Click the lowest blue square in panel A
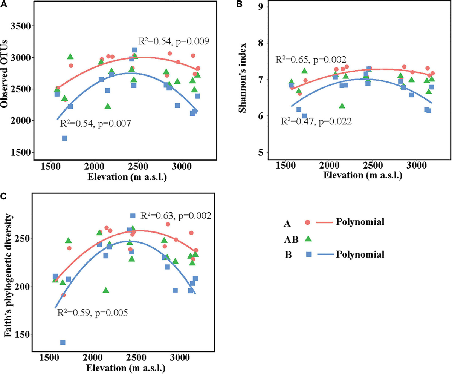[64, 138]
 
